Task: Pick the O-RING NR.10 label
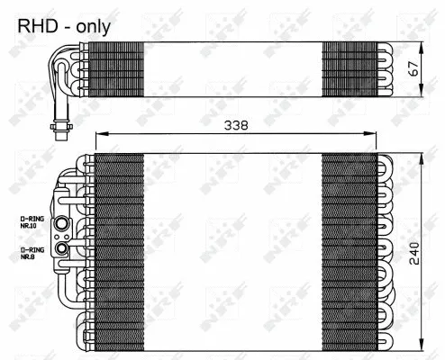tap(33, 222)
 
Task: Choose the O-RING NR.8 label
tap(33, 253)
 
